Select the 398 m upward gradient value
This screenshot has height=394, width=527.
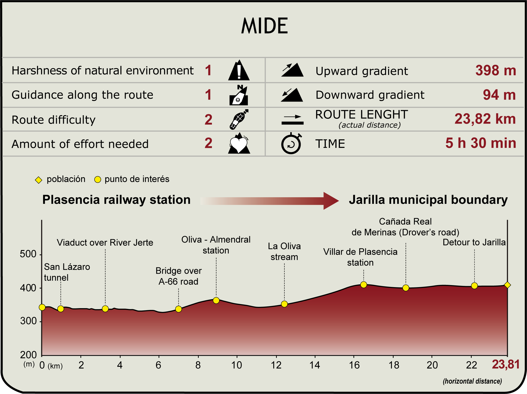(x=496, y=70)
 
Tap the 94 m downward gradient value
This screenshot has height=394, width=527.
(x=499, y=95)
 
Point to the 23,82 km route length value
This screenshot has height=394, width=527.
(x=485, y=119)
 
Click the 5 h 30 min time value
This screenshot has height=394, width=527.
(x=481, y=143)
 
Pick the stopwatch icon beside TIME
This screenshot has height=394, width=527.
(x=291, y=143)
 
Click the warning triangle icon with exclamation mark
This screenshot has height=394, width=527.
(x=239, y=70)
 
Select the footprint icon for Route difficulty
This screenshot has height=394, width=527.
(x=239, y=119)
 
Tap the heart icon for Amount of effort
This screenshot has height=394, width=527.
(x=239, y=143)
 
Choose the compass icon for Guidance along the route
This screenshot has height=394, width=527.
(x=239, y=95)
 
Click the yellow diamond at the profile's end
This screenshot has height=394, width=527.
(x=507, y=285)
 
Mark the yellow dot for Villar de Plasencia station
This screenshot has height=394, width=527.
(x=364, y=285)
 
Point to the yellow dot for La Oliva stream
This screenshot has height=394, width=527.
(x=284, y=304)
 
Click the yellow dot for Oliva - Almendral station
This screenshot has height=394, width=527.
(x=216, y=300)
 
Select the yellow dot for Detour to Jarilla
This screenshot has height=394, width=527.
(x=474, y=286)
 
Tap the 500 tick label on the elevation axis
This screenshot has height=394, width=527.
(x=28, y=254)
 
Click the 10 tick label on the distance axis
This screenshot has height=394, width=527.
(x=237, y=365)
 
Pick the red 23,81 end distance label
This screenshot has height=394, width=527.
(x=506, y=364)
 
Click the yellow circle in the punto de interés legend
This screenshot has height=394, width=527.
(x=98, y=180)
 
